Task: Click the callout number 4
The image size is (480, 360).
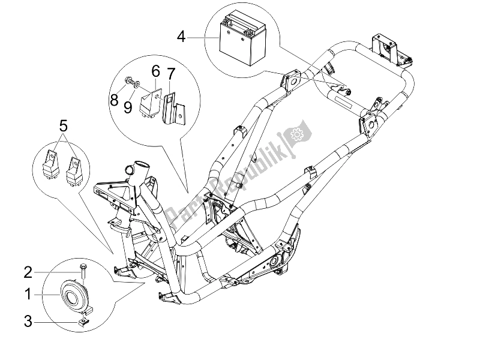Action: point(181,38)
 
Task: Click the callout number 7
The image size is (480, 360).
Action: point(170,76)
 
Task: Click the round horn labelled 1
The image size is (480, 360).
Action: point(76,294)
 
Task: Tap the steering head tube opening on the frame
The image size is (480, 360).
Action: point(139,166)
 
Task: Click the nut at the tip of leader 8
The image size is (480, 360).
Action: point(129,79)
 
